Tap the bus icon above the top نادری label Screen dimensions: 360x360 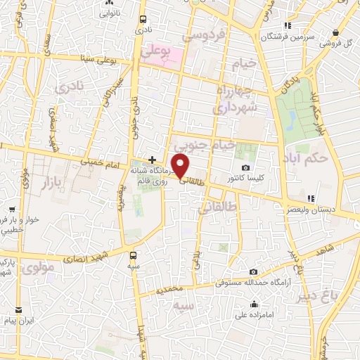tap(143, 20)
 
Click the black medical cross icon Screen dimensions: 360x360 tap(152, 160)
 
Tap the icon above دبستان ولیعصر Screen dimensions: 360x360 tap(310, 198)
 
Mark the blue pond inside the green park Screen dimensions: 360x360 tap(291, 120)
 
